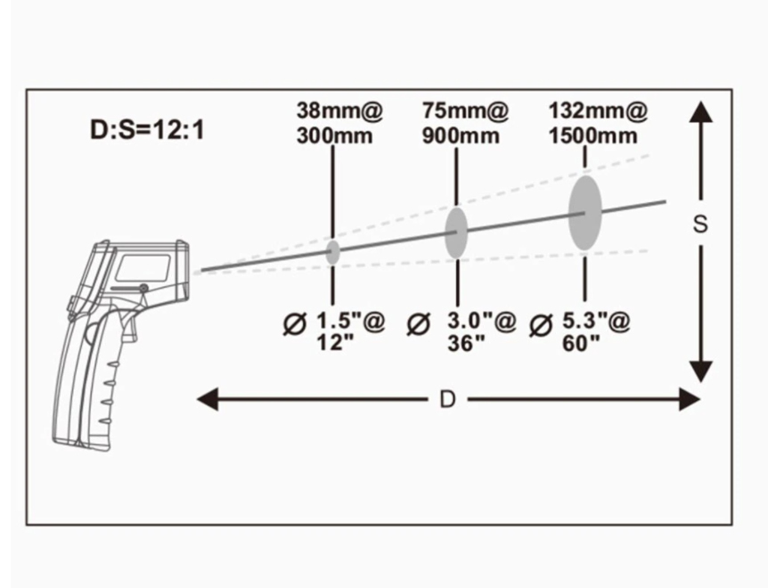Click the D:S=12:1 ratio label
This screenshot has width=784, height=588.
tap(148, 130)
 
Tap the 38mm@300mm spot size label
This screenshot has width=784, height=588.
tap(339, 123)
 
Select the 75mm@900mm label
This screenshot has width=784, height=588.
tap(465, 123)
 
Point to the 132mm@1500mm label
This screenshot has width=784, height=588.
tap(598, 123)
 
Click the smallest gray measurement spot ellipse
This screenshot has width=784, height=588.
tap(333, 252)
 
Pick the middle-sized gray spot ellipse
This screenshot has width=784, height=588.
tap(456, 233)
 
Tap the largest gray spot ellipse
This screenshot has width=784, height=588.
tap(584, 213)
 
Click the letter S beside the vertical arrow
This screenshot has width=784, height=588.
tap(700, 224)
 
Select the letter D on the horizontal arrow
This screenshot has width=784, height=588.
tap(447, 399)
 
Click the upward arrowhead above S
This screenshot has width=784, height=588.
tap(701, 111)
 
